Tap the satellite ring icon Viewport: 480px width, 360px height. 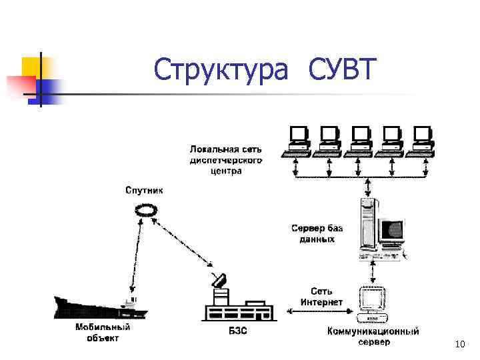[145, 211]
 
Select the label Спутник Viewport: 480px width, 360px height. [144, 190]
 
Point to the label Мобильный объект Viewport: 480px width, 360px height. [103, 333]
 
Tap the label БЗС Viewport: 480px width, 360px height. [237, 331]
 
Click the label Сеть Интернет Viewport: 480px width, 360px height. [321, 297]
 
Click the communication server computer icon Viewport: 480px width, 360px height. [373, 303]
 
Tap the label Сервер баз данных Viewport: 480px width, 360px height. [317, 233]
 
